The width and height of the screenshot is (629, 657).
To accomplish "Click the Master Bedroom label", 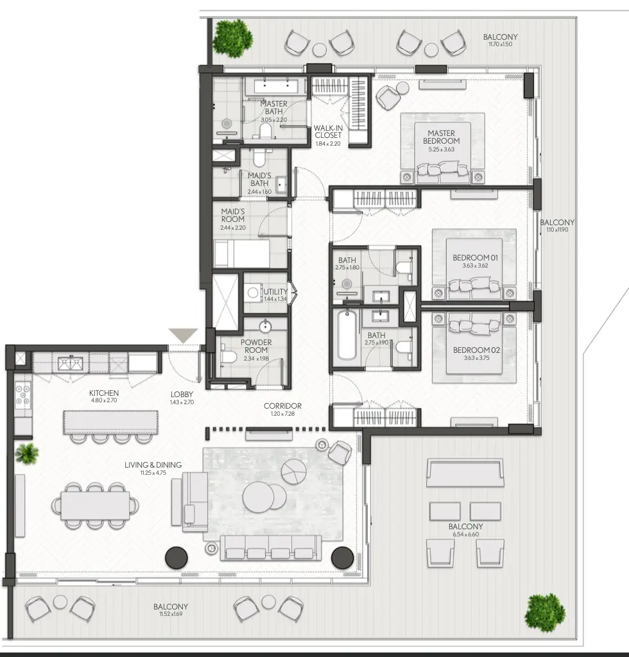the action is coord(442,137).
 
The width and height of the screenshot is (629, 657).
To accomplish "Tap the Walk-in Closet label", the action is coord(328,132).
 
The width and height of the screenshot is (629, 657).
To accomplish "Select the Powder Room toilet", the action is coord(228,356).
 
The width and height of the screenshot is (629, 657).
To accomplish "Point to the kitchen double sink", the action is coord(70,363).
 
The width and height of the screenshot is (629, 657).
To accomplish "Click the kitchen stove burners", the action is coord(23,396).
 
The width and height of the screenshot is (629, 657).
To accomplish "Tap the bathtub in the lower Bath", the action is coord(347,335).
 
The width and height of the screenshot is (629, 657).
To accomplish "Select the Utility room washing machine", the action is coord(253,293).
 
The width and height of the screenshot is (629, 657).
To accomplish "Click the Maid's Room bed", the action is coord(241,253).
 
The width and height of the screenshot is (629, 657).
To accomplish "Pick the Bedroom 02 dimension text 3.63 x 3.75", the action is coord(476,358).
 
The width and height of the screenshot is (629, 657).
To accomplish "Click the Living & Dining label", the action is coord(153,465).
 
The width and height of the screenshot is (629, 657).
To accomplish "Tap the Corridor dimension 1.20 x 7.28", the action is coord(282,414).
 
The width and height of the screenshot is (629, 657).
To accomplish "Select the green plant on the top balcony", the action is coord(233,38).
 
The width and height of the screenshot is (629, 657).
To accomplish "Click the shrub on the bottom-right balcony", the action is coord(545,613).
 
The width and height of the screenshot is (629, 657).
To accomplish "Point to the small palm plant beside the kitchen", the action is coord(27,454).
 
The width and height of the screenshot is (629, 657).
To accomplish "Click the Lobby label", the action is coord(182,395).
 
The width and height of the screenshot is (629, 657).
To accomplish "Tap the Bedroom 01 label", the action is coord(475,258).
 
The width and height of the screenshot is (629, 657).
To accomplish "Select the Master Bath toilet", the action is coord(265,131).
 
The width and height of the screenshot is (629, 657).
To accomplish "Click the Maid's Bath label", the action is coord(259,180).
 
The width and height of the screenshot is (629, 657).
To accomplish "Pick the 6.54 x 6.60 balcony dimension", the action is coord(465,534).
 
